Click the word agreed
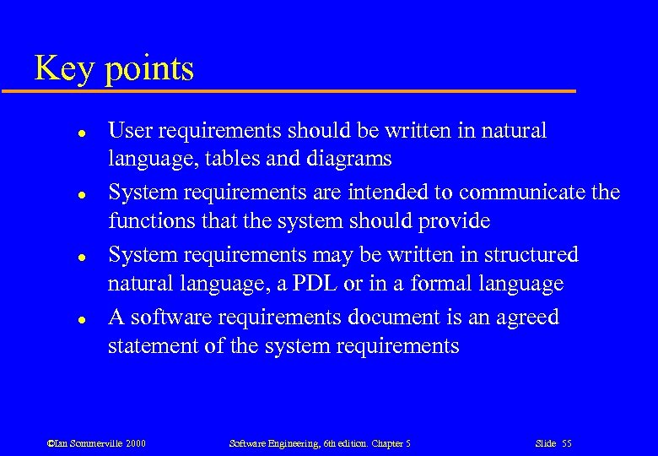526,318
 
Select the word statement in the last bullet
151,346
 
